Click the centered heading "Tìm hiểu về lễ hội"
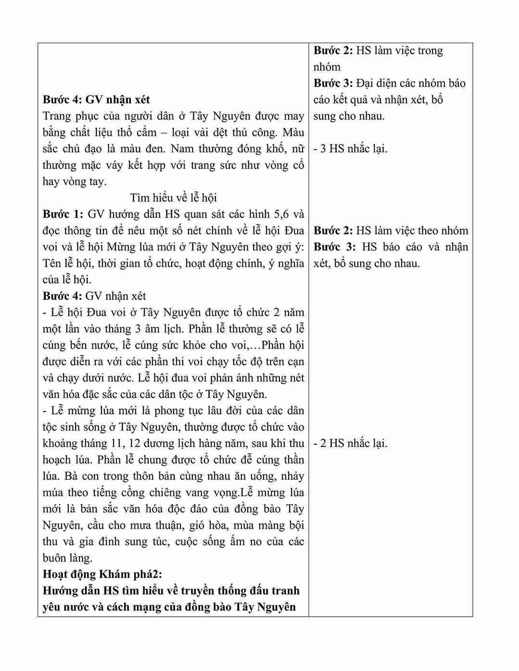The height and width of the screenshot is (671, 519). pos(173,198)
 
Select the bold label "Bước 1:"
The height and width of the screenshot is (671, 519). pos(63,214)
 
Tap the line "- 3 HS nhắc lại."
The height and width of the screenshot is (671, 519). pos(350,149)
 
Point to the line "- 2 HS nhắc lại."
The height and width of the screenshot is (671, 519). pos(350,443)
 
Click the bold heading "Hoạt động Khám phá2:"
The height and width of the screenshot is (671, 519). pos(102,574)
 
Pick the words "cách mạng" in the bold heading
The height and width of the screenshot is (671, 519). pos(111,607)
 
